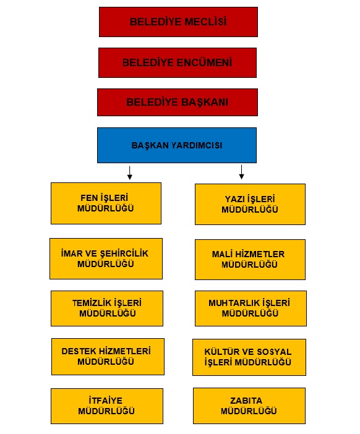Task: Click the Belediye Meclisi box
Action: (x=178, y=22)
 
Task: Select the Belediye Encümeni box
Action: (x=178, y=62)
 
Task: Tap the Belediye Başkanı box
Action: (x=178, y=102)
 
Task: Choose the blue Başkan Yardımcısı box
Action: (x=177, y=145)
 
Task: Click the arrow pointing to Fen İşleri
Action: (x=130, y=172)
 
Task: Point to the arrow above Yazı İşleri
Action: (x=241, y=172)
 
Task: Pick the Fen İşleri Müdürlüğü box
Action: (x=106, y=203)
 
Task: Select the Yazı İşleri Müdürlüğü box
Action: (x=250, y=204)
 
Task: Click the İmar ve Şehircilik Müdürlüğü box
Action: (x=106, y=258)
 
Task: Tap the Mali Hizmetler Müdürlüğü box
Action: (x=250, y=260)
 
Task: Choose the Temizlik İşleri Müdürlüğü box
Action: (x=107, y=308)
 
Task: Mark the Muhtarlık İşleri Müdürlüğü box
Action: (x=251, y=308)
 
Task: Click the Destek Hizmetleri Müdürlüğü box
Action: (x=108, y=357)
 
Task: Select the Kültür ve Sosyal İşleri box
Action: (x=249, y=357)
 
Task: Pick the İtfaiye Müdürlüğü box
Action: (x=107, y=406)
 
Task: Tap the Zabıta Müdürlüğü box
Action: (x=249, y=406)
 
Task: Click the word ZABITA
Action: (x=246, y=401)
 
